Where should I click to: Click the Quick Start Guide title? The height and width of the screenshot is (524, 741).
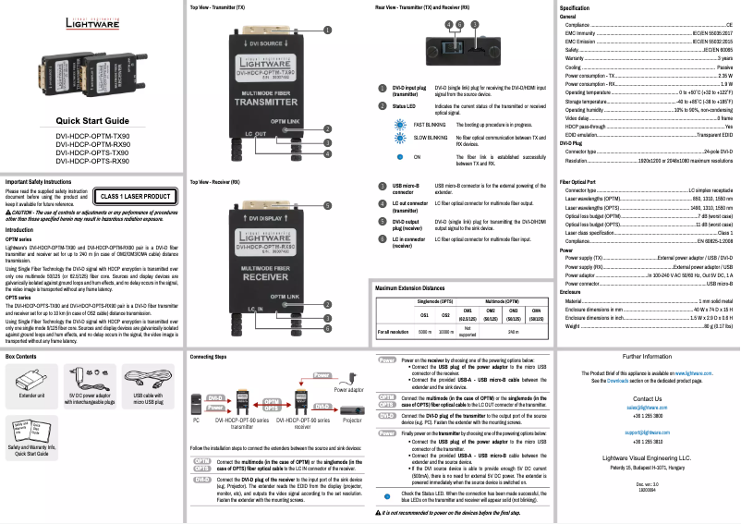click(92, 121)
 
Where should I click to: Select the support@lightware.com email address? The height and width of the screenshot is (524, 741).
click(646, 432)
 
